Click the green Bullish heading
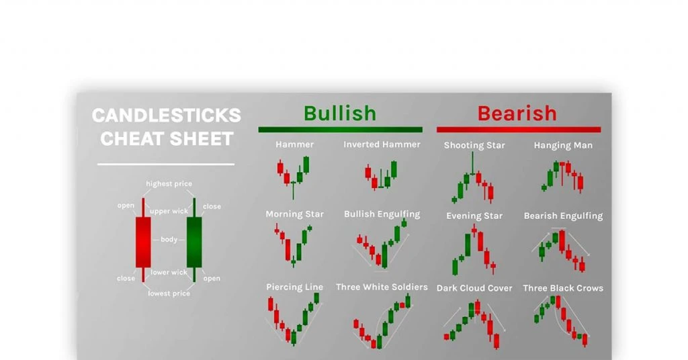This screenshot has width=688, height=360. click(x=340, y=114)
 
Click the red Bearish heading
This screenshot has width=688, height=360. click(x=517, y=114)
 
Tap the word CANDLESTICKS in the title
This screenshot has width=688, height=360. click(x=167, y=116)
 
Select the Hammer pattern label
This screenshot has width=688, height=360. click(x=294, y=144)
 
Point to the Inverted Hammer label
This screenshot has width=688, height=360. click(x=382, y=144)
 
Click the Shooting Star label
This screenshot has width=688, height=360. click(x=474, y=145)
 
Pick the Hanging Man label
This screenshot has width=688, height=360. click(x=563, y=145)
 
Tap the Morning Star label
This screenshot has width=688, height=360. click(x=294, y=214)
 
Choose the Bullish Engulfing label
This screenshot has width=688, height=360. click(x=382, y=214)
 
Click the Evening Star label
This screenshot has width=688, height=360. click(x=474, y=216)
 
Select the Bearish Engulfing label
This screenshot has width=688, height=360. click(x=564, y=216)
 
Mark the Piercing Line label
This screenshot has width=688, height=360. click(x=294, y=287)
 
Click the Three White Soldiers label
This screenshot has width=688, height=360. click(x=382, y=287)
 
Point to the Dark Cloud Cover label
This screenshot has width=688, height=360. click(x=474, y=288)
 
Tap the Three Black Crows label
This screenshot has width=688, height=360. click(x=563, y=288)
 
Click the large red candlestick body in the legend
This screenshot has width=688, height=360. click(x=143, y=242)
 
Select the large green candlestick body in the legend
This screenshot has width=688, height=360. click(x=194, y=242)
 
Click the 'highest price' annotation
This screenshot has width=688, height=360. click(x=169, y=184)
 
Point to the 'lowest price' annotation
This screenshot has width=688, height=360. click(x=169, y=294)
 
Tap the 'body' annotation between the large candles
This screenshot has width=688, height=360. click(x=169, y=239)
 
